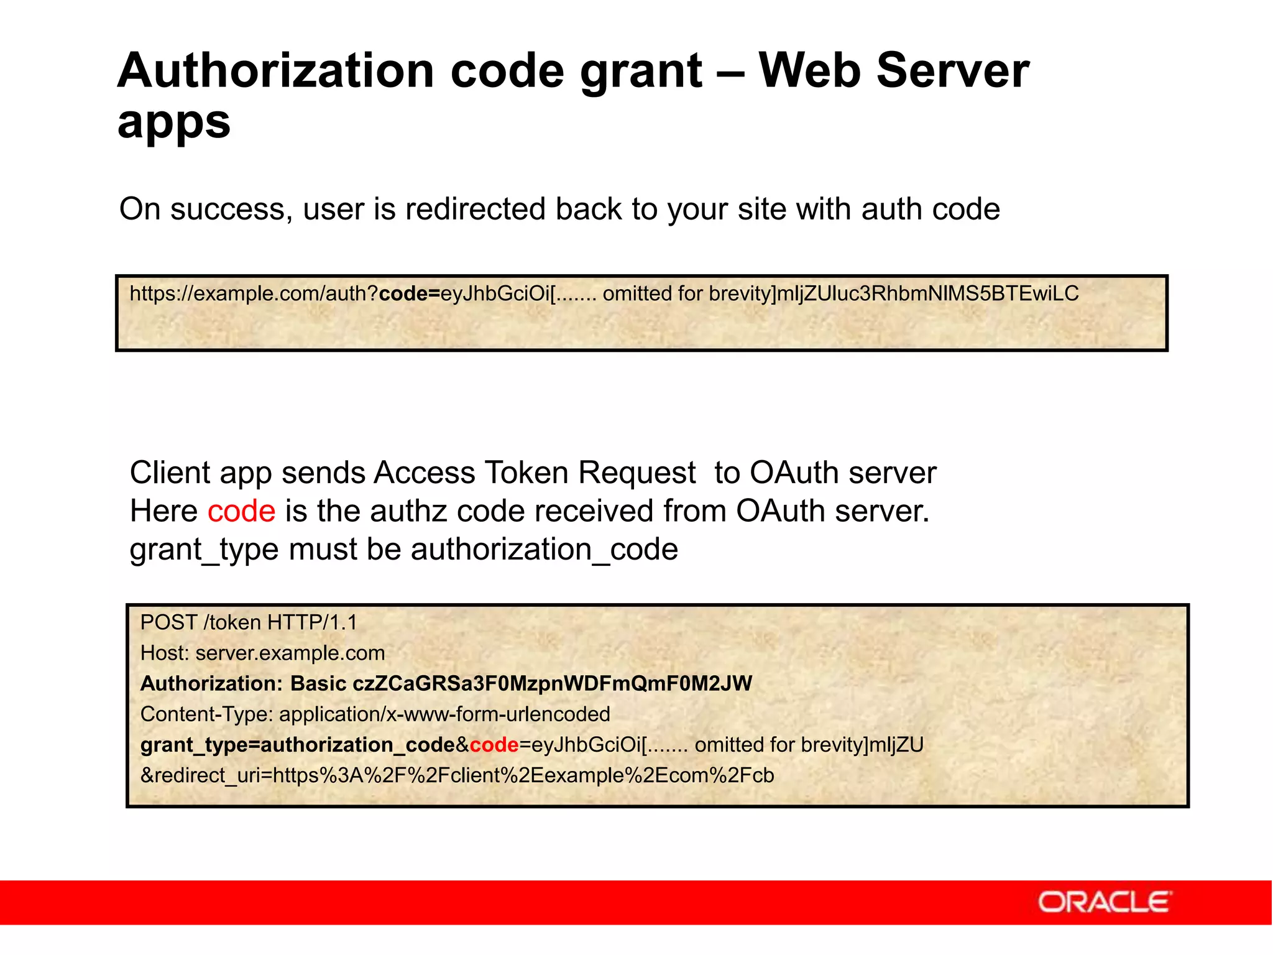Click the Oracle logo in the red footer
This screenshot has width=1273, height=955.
coord(1105,902)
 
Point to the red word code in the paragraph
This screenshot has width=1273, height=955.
coord(241,511)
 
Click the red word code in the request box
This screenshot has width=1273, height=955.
coord(494,745)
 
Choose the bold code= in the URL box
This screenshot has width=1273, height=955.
coord(409,293)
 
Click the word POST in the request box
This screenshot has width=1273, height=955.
coord(168,622)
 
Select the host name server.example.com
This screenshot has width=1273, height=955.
coord(290,653)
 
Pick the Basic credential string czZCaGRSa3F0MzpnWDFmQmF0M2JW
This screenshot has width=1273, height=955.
coord(552,683)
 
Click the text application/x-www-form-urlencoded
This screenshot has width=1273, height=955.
coord(444,714)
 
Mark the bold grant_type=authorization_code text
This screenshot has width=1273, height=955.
coord(298,745)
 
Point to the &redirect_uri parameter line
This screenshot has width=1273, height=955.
coord(457,775)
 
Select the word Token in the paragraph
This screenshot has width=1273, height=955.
coord(526,473)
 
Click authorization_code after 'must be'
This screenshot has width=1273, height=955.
coord(544,550)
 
